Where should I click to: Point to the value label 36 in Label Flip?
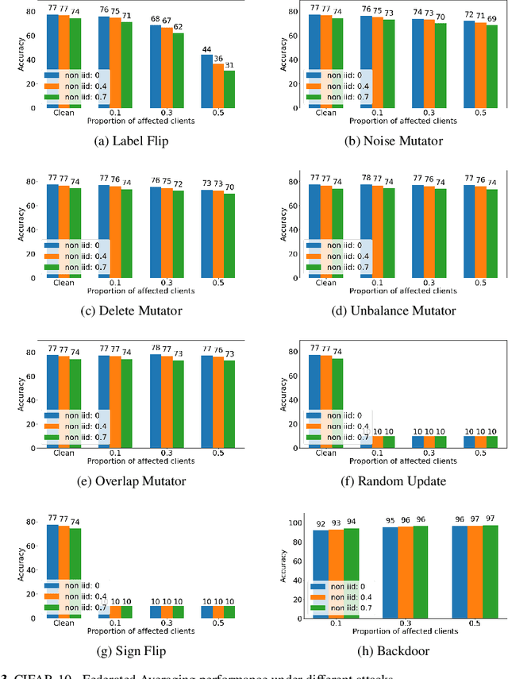(217, 58)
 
